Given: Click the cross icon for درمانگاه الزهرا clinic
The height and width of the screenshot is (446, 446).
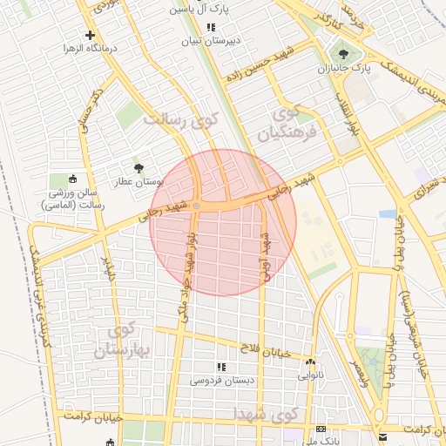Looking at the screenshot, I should [x=90, y=36].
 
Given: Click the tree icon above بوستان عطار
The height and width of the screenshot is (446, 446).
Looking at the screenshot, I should [x=139, y=167].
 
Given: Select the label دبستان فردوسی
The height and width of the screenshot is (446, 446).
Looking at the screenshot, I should [x=219, y=381].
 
